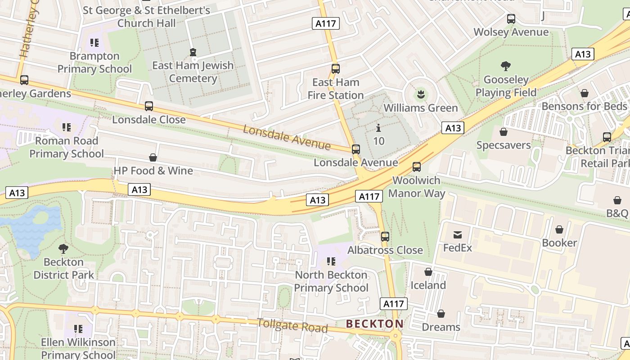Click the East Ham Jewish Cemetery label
[x=193, y=72]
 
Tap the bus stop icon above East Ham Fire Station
[x=335, y=69]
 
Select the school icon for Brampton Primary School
[x=94, y=43]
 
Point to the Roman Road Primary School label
[x=67, y=147]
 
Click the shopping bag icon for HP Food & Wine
[x=153, y=157]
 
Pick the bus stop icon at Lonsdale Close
[x=149, y=106]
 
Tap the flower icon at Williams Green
[x=421, y=94]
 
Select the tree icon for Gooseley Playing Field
[x=506, y=66]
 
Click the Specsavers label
[x=504, y=145]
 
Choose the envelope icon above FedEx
[x=458, y=234]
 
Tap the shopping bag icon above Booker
[x=559, y=229]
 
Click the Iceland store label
[x=428, y=285]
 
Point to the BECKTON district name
[x=374, y=324]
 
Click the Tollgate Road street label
[x=292, y=325]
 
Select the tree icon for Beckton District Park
[x=63, y=248]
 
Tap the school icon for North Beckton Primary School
[x=331, y=261]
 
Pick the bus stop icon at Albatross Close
[x=385, y=237]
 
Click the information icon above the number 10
[x=379, y=128]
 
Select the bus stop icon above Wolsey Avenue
[x=511, y=19]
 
